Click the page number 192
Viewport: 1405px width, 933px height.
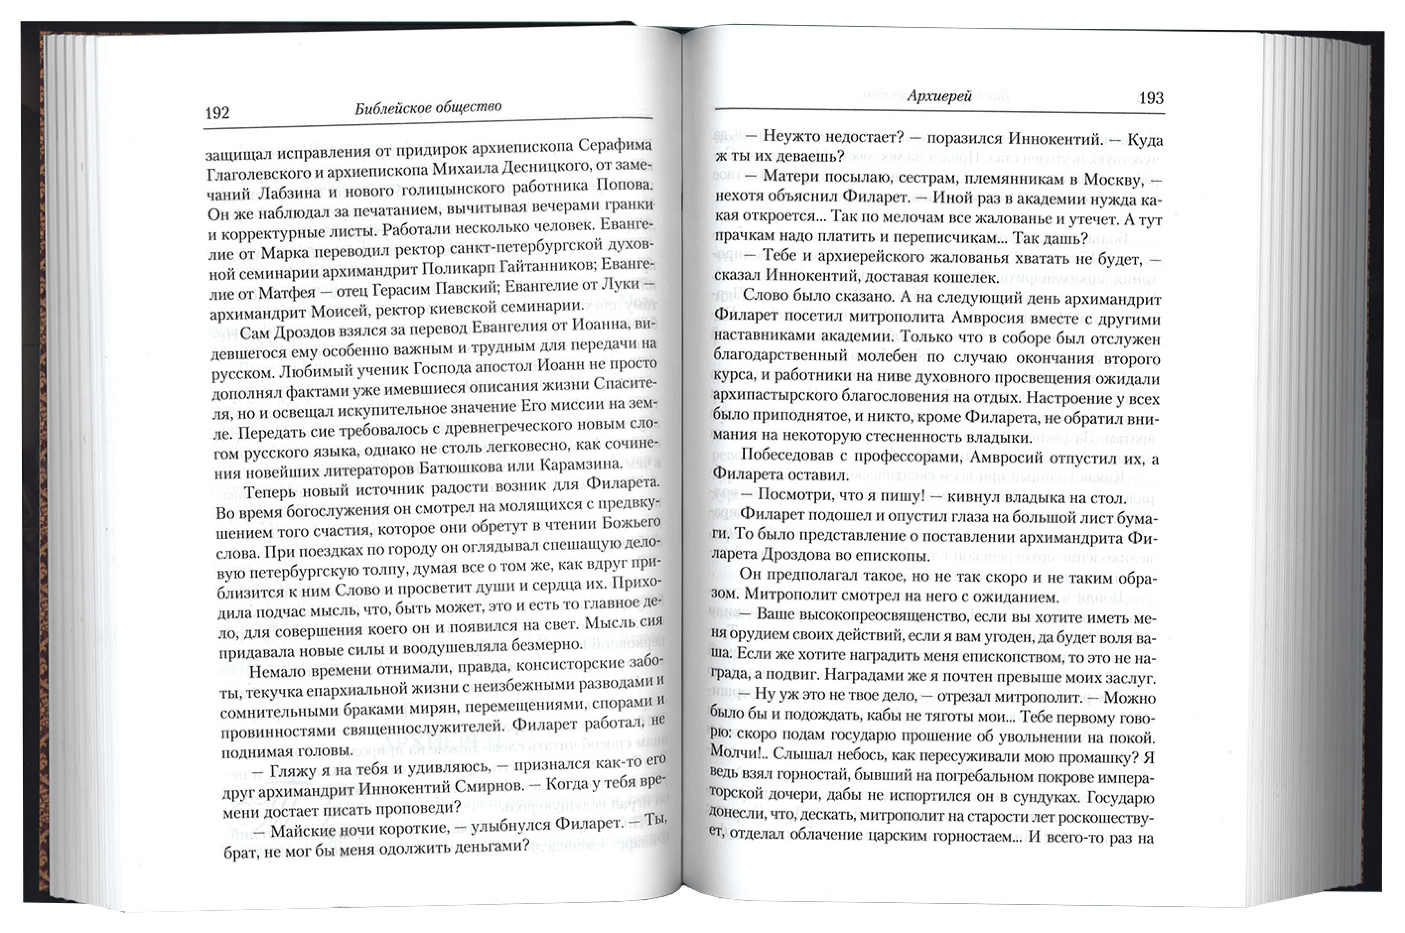coord(217,113)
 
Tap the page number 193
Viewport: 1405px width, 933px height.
coord(1151,98)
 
